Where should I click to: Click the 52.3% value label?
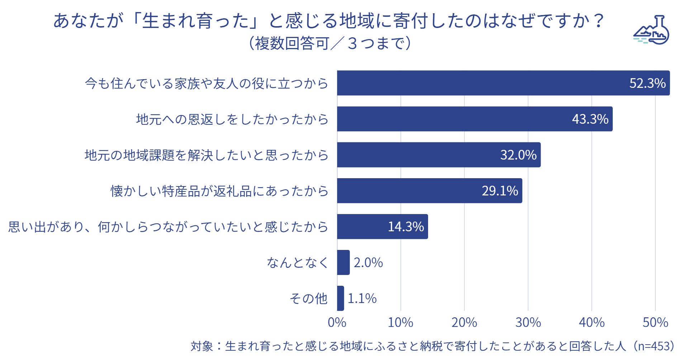pyautogui.click(x=647, y=83)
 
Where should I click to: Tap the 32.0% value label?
pyautogui.click(x=518, y=155)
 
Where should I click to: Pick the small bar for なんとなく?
pyautogui.click(x=343, y=262)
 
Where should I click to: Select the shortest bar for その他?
pyautogui.click(x=341, y=298)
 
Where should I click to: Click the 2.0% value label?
pyautogui.click(x=368, y=262)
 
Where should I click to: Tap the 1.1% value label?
pyautogui.click(x=362, y=298)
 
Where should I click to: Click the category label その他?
pyautogui.click(x=309, y=298)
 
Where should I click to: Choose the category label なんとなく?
pyautogui.click(x=298, y=262)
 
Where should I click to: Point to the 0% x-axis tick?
pyautogui.click(x=337, y=322)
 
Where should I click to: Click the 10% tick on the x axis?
pyautogui.click(x=400, y=322)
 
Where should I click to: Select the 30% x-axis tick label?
pyautogui.click(x=528, y=322)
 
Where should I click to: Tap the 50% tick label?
pyautogui.click(x=655, y=322)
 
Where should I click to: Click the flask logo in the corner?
pyautogui.click(x=652, y=30)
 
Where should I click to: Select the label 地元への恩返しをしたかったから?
pyautogui.click(x=232, y=119)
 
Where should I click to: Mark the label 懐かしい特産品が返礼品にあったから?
pyautogui.click(x=219, y=191)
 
